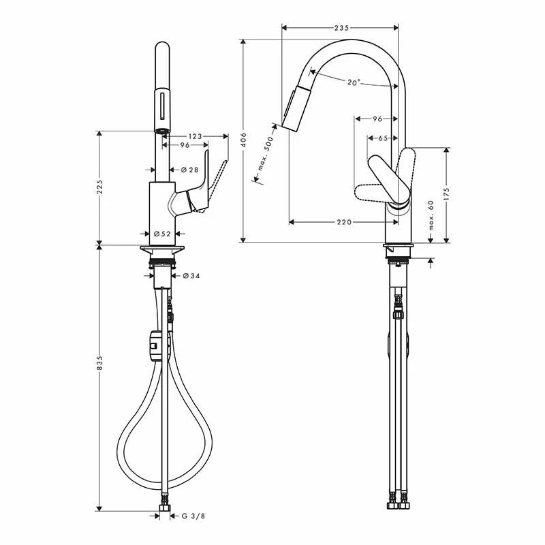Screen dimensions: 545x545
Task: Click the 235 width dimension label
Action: coord(341,28)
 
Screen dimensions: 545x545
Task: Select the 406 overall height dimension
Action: coord(244,140)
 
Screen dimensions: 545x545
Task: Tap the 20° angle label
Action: coord(354,82)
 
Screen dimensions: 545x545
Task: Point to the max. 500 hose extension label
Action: coord(266,154)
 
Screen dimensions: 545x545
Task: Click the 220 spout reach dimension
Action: coord(344,222)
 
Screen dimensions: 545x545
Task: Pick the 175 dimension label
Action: coord(447,194)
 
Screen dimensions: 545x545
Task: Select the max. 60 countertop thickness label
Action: coord(431,215)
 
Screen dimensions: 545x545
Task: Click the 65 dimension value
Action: coord(383,138)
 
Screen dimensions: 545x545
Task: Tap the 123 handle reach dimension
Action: coord(195,136)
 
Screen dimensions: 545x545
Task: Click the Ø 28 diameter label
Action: coord(190,170)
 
